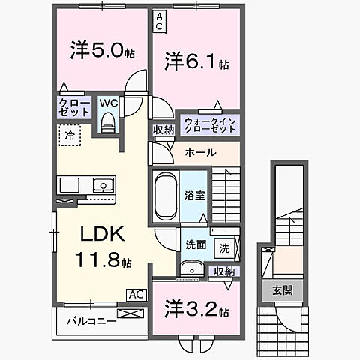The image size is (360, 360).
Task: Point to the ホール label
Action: pyautogui.click(x=201, y=152)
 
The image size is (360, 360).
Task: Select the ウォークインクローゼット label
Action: pyautogui.click(x=210, y=124)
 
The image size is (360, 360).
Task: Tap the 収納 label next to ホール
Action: pyautogui.click(x=163, y=130)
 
